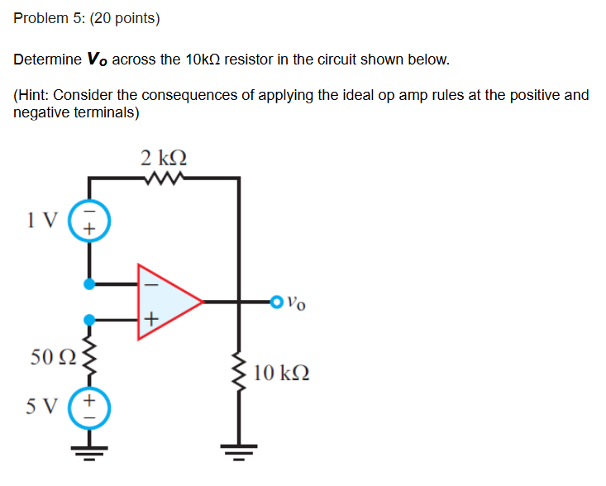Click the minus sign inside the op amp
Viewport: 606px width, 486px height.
click(150, 283)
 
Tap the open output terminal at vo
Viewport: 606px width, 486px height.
click(275, 302)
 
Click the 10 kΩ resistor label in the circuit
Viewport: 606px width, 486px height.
click(282, 373)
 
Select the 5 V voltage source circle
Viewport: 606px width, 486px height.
click(89, 407)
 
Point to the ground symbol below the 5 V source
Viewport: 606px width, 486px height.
click(89, 452)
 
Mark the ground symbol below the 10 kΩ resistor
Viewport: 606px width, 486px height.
click(241, 452)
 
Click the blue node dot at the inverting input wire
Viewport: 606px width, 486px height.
click(89, 284)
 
